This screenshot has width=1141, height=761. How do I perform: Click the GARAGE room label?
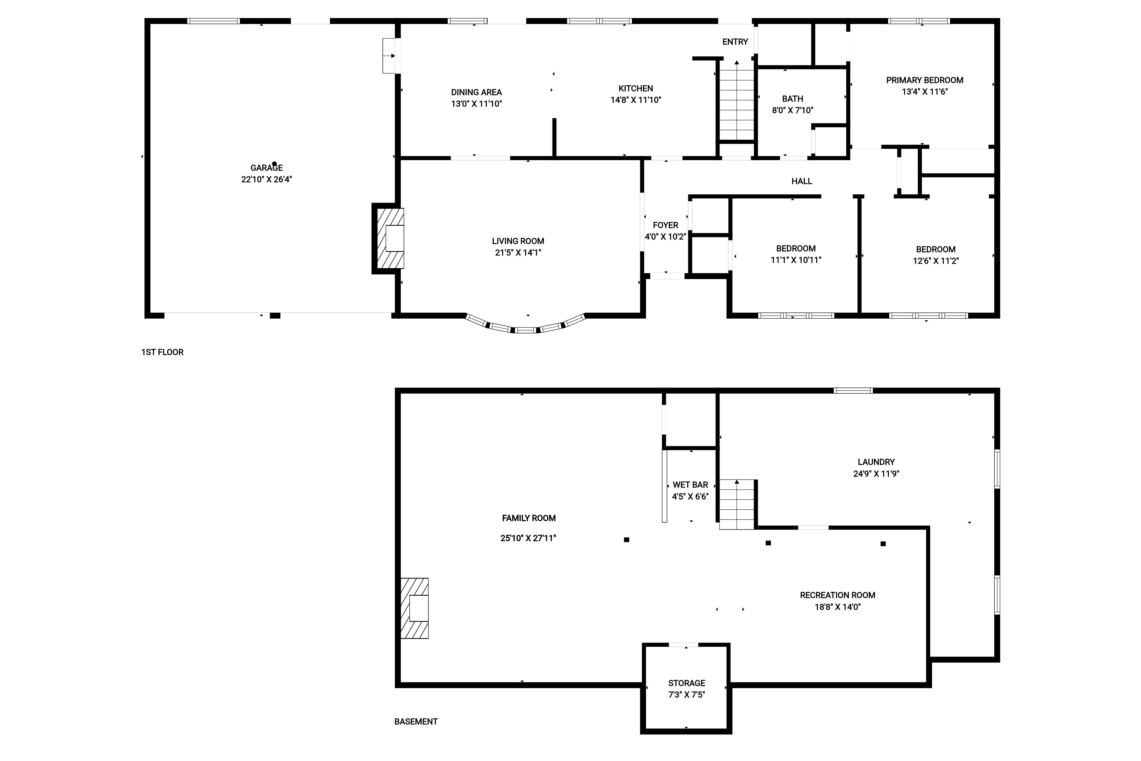[x=266, y=168]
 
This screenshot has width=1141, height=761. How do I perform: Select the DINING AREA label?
[x=476, y=92]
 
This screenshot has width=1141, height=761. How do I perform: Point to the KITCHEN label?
[x=635, y=88]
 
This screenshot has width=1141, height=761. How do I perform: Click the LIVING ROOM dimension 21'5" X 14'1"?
[x=518, y=252]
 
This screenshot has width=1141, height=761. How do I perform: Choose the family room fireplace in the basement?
[x=414, y=608]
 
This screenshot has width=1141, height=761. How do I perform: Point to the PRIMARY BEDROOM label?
[x=924, y=80]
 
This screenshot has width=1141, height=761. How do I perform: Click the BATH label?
[x=792, y=99]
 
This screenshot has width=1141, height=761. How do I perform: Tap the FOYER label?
[x=665, y=225]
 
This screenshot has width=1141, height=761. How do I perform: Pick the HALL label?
[x=802, y=181]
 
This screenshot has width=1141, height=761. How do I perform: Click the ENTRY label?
[x=735, y=42]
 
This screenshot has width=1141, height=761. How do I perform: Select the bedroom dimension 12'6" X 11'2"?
[x=935, y=261]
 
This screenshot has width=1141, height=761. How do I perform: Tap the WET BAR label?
[x=690, y=485]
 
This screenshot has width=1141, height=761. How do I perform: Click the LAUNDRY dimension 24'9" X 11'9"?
[x=876, y=474]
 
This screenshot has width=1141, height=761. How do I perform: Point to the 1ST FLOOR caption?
[x=162, y=352]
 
